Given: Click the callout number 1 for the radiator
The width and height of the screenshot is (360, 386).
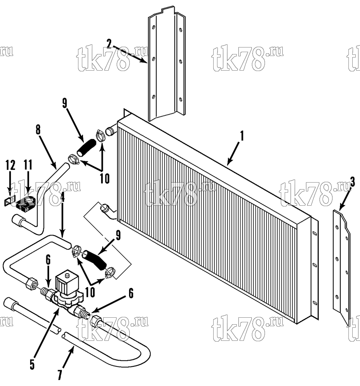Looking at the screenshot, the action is tap(242, 136).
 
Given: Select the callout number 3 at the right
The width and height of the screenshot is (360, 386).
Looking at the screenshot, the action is tap(353, 182).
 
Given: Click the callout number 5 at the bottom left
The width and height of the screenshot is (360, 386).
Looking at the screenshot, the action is tap(32, 365).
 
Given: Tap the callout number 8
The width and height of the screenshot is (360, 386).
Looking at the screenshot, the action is tap(38, 129).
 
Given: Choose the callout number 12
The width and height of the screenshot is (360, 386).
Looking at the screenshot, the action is tap(10, 165).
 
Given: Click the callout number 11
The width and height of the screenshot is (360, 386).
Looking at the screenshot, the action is tap(28, 165).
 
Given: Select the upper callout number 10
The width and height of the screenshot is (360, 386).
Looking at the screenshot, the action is tap(104, 178).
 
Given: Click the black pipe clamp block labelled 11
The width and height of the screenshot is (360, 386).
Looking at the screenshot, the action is tap(25, 204).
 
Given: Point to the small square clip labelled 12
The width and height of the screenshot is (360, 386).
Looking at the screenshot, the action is tap(9, 201).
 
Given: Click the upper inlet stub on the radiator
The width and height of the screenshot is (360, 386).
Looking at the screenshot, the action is tap(111, 132).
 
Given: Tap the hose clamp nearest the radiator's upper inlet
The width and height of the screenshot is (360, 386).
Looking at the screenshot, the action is tap(100, 135).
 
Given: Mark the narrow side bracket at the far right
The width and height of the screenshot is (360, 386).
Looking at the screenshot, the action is tap(341, 267).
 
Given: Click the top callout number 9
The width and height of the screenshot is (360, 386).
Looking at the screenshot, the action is tap(65, 103).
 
